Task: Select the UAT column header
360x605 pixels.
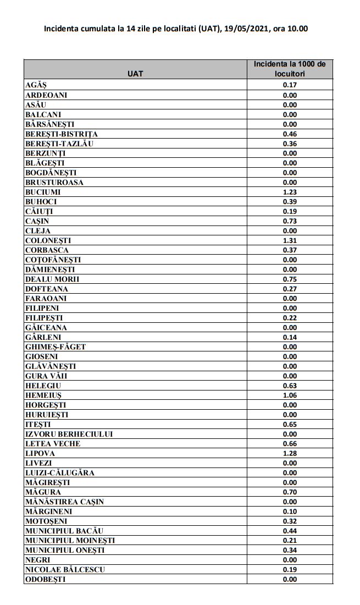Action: (135, 74)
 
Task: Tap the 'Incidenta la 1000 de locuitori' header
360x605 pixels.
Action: (290, 69)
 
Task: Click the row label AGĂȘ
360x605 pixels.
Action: (36, 85)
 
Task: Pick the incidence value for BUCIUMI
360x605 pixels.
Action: (290, 192)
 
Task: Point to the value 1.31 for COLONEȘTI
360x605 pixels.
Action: (290, 240)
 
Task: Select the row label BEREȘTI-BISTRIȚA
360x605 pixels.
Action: (62, 134)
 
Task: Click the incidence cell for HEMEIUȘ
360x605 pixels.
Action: (290, 395)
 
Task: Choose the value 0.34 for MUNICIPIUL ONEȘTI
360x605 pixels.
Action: (290, 550)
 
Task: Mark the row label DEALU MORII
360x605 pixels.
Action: (52, 279)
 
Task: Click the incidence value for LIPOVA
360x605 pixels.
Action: (290, 453)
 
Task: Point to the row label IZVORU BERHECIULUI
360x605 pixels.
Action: (69, 434)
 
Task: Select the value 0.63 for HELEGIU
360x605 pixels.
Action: (290, 386)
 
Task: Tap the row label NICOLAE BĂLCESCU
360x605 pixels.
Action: (65, 569)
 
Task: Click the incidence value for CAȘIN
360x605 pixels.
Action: (290, 221)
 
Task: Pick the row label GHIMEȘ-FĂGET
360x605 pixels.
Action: (56, 347)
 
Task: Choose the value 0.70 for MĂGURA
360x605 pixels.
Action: (290, 492)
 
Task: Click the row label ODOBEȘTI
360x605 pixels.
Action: (46, 579)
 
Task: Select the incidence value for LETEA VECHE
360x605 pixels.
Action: (290, 444)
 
